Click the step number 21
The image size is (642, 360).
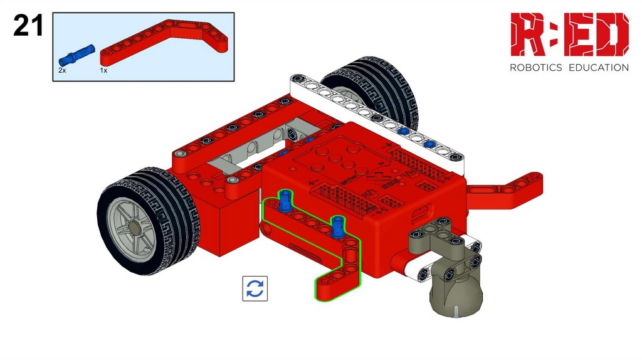(28, 25)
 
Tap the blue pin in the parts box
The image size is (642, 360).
(76, 55)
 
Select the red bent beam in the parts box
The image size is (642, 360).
(164, 42)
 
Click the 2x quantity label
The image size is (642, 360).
(62, 70)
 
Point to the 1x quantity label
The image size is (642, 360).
(103, 70)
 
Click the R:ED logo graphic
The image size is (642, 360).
(569, 34)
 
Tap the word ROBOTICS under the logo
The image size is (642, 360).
(535, 68)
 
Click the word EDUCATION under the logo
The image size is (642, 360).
(599, 68)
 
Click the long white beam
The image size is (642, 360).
(377, 119)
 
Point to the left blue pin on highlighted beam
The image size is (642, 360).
(285, 200)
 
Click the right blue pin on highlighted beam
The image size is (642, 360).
(337, 227)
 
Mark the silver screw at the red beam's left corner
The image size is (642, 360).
(179, 154)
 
